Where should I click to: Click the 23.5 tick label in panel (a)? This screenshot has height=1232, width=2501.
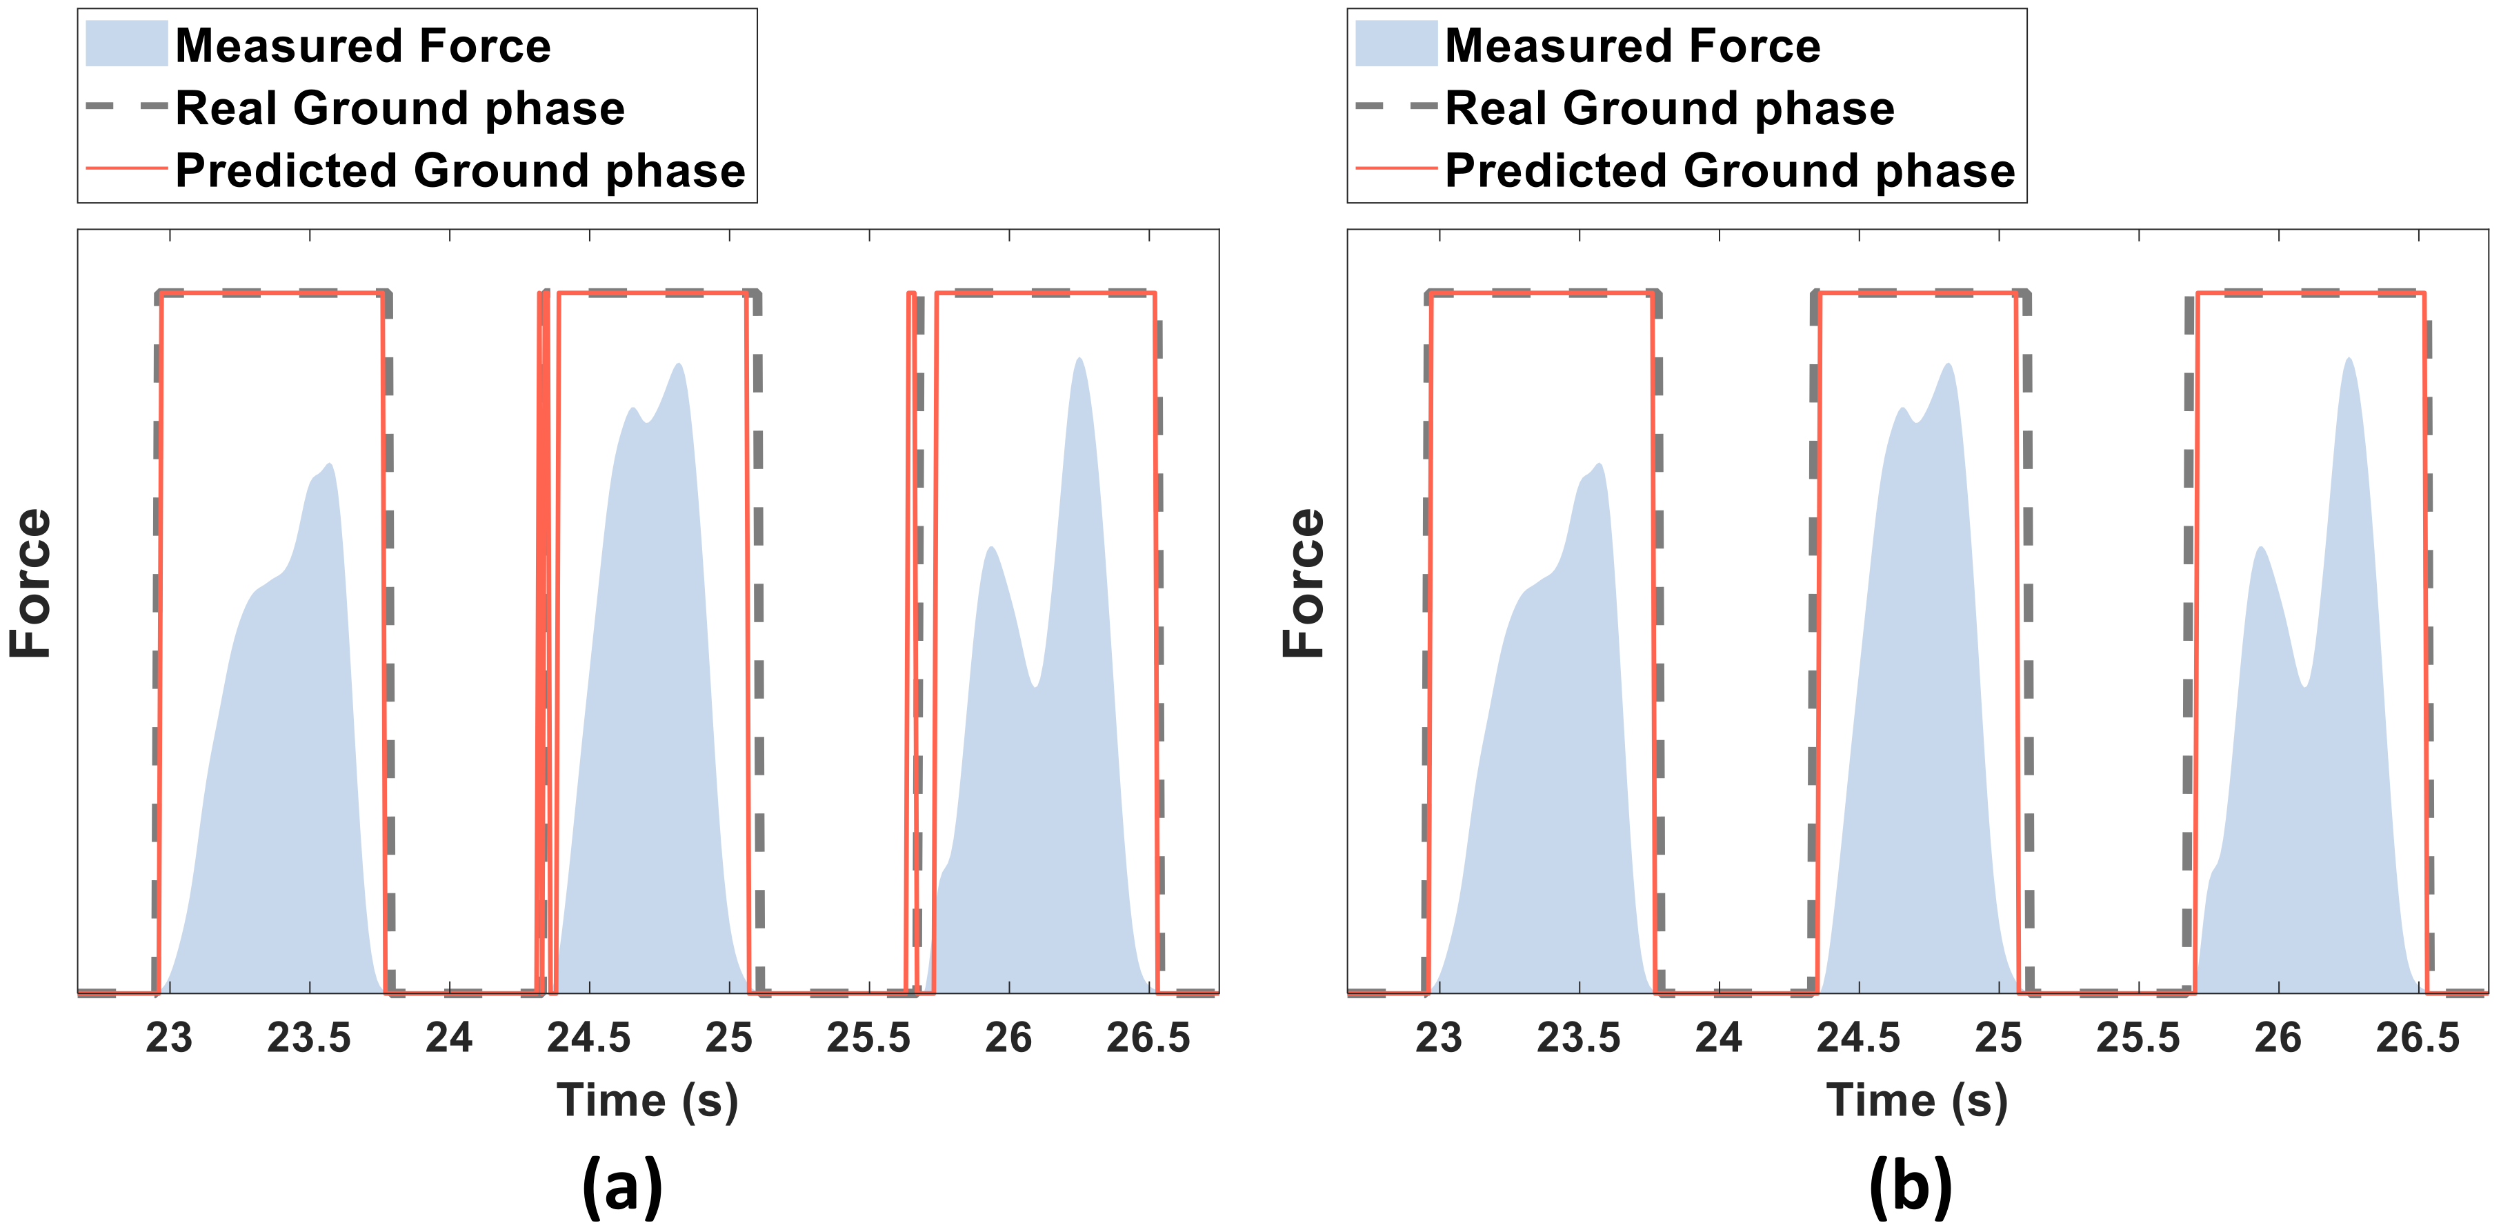309,1038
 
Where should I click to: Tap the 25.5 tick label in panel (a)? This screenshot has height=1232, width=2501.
868,1038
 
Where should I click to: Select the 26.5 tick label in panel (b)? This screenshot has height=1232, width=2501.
2418,1038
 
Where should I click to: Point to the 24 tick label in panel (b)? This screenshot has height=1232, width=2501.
1718,1038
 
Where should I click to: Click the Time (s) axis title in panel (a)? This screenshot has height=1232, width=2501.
648,1101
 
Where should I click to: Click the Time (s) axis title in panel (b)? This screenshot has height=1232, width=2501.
1917,1101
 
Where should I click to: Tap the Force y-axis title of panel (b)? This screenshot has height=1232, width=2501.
1303,582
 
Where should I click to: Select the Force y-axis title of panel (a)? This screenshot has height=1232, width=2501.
31,582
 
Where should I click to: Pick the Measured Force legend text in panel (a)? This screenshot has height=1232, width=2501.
363,46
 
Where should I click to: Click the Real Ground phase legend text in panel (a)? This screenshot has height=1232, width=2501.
400,108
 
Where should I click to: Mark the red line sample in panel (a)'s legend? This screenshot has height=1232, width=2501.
126,168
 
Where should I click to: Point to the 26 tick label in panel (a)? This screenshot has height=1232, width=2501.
1009,1038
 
